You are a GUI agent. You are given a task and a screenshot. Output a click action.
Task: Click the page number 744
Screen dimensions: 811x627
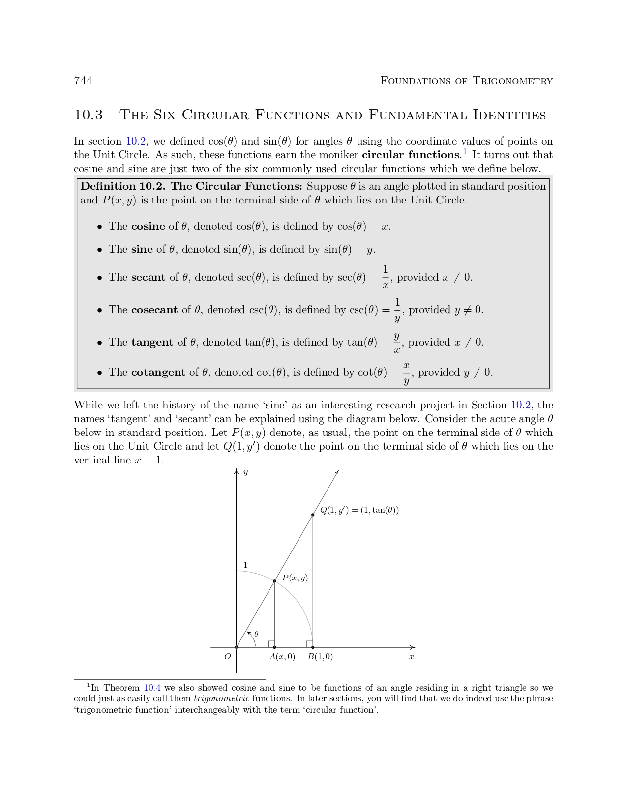click(x=83, y=81)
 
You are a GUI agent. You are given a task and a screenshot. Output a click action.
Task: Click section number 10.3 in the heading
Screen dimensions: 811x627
click(x=89, y=115)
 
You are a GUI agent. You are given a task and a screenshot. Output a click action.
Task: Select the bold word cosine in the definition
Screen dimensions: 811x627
click(x=148, y=226)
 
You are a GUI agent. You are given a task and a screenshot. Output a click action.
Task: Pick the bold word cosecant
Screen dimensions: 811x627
click(x=154, y=310)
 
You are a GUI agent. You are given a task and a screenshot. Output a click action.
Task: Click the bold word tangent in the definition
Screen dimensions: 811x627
click(x=152, y=342)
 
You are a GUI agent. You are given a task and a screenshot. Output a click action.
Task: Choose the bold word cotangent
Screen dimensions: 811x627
click(x=158, y=372)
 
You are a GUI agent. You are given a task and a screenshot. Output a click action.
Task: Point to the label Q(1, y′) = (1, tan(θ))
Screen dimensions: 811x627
click(x=359, y=510)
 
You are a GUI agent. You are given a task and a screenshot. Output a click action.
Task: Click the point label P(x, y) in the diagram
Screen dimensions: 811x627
click(x=295, y=578)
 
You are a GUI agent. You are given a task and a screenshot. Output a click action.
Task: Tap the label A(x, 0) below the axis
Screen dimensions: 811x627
click(x=282, y=657)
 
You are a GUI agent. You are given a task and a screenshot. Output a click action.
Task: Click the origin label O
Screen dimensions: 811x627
click(x=227, y=657)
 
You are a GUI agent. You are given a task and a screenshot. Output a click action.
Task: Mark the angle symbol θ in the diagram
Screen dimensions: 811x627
click(x=256, y=634)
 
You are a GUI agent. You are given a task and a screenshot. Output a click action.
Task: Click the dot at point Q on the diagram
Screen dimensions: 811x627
click(x=313, y=515)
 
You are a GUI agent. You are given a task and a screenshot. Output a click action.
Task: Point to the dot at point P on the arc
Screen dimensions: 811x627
click(x=274, y=581)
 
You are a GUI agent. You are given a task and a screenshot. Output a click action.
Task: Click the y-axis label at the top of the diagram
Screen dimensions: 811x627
click(x=245, y=473)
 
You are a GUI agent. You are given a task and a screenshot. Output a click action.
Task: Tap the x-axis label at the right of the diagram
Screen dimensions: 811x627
click(x=412, y=657)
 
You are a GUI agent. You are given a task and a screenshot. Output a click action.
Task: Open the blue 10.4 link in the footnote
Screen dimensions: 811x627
click(x=152, y=688)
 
